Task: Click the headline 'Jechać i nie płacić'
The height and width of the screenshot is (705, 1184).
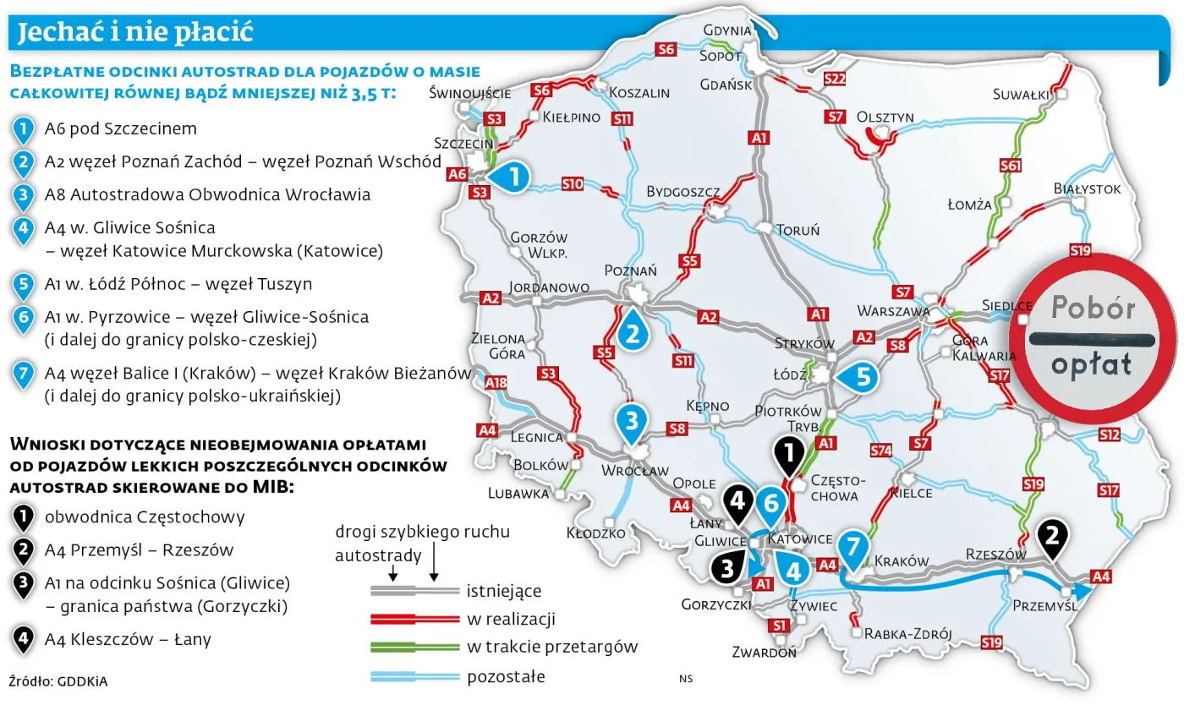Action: click(135, 33)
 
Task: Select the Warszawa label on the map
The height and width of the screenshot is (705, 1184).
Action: click(893, 310)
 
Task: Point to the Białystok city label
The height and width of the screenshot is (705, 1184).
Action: click(1087, 189)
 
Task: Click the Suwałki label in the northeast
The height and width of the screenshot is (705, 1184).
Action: click(1021, 94)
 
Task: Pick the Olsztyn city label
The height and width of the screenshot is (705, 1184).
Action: click(885, 117)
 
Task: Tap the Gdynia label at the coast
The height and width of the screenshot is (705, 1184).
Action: click(726, 30)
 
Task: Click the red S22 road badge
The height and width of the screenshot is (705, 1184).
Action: click(834, 79)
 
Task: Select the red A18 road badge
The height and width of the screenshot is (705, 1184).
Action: click(496, 384)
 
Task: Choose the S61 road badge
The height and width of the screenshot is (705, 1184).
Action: click(1009, 166)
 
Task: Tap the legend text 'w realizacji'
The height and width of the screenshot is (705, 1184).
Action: click(511, 620)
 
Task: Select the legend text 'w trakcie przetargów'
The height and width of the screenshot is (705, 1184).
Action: click(551, 648)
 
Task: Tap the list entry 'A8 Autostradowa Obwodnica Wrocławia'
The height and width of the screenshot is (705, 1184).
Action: click(207, 194)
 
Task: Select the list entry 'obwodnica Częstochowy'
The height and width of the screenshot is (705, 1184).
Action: click(145, 517)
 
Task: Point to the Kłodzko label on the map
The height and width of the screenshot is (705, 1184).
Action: click(596, 533)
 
